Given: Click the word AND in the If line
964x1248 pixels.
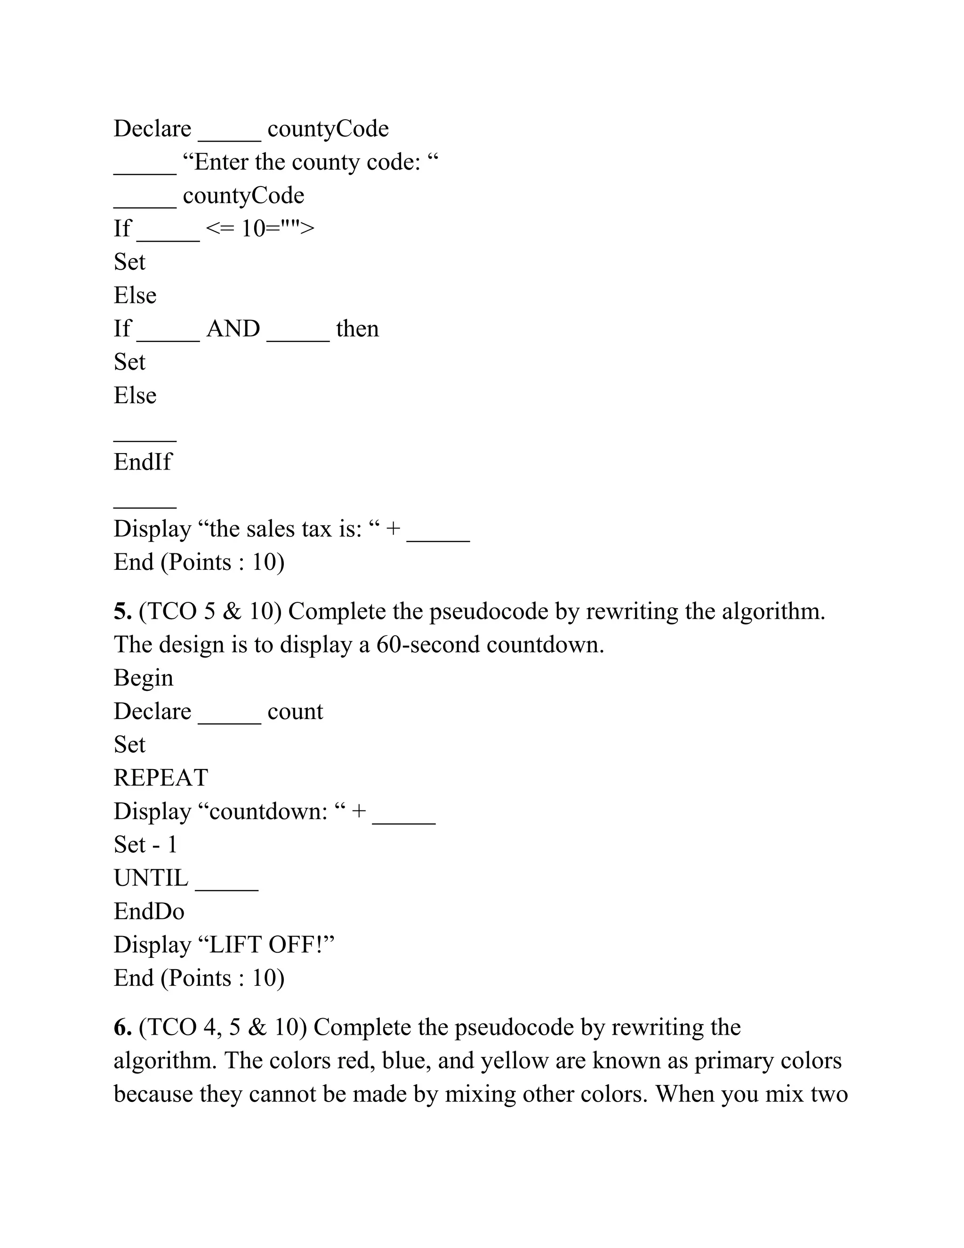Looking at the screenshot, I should (x=233, y=329).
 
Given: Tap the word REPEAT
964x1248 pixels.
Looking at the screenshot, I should (x=161, y=778).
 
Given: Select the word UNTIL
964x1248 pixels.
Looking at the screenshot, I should (x=151, y=878).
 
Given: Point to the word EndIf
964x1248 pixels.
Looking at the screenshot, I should (x=142, y=462).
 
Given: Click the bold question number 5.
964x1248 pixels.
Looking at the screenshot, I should (x=123, y=612).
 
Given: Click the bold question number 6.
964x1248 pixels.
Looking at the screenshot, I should (x=123, y=1028).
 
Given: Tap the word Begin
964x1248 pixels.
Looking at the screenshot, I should (x=144, y=678).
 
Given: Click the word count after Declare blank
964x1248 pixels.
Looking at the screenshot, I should (x=295, y=712).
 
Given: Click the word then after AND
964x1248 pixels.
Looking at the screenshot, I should (x=358, y=329).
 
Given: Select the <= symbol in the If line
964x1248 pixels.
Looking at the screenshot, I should (x=220, y=229).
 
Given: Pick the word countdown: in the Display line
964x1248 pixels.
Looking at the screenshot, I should (x=268, y=812).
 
